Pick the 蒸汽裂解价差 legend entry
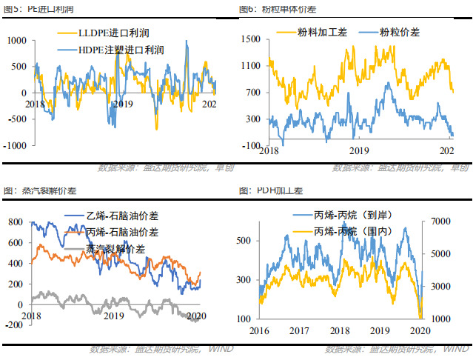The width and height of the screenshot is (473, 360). pos(118,248)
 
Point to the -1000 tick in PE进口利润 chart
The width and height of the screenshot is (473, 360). pos(14,146)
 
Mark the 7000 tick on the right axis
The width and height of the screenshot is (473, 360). pos(440,221)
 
